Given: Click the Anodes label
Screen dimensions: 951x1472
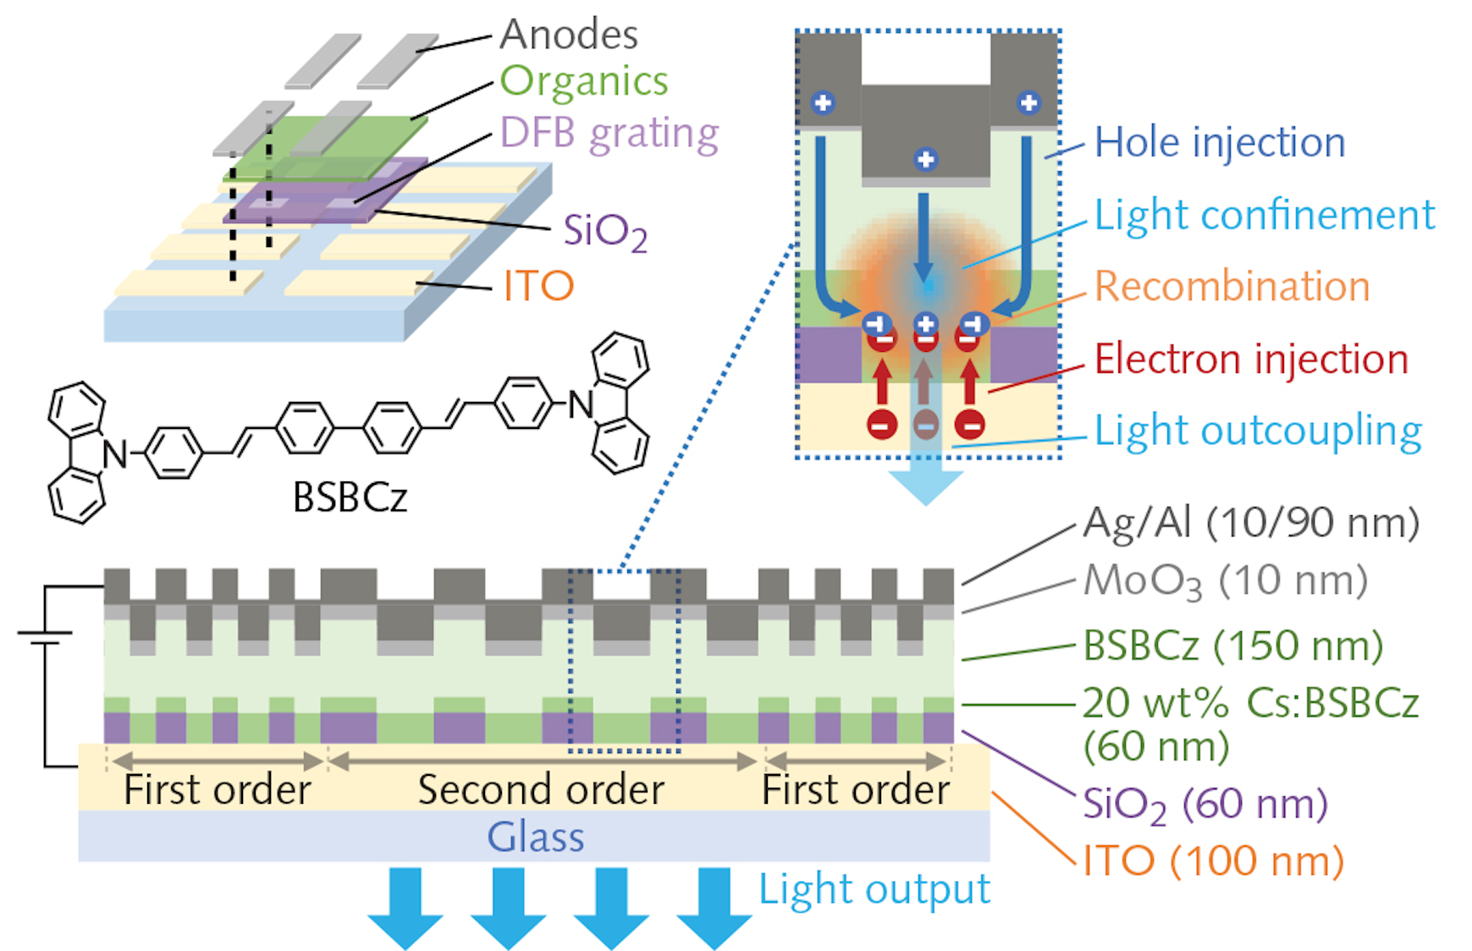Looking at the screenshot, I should pos(568,36).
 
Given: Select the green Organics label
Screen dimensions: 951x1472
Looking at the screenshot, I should pos(583,82).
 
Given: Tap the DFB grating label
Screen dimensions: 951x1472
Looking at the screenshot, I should pos(609,134).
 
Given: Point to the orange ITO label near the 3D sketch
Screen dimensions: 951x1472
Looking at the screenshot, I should pos(538,286).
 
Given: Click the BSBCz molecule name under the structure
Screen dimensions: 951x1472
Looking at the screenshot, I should pos(350,497).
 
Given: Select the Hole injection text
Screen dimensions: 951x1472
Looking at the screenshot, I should pos(1219,142).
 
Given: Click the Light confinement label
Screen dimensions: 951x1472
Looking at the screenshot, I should pos(1264,215).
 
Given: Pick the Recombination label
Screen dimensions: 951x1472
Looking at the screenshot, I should pos(1232,287).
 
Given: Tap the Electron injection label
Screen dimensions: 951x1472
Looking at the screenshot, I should pos(1251,360).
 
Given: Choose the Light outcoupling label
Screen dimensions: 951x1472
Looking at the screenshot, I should pos(1258,432).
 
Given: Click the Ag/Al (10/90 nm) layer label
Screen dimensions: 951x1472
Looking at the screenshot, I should pos(1251,523).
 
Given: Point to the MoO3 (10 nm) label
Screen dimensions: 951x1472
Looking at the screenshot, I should pos(1225,582).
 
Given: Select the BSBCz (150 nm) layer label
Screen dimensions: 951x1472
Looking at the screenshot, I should pos(1232,646).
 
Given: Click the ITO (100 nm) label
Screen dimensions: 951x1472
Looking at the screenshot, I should pos(1213,862).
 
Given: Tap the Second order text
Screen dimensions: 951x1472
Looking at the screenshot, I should pos(541,790).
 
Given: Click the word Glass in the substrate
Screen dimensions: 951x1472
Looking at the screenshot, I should pos(535,838).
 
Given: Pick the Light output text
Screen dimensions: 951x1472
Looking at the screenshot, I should pos(874,889).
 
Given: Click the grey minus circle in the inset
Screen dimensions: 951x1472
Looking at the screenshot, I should pos(925,424).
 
